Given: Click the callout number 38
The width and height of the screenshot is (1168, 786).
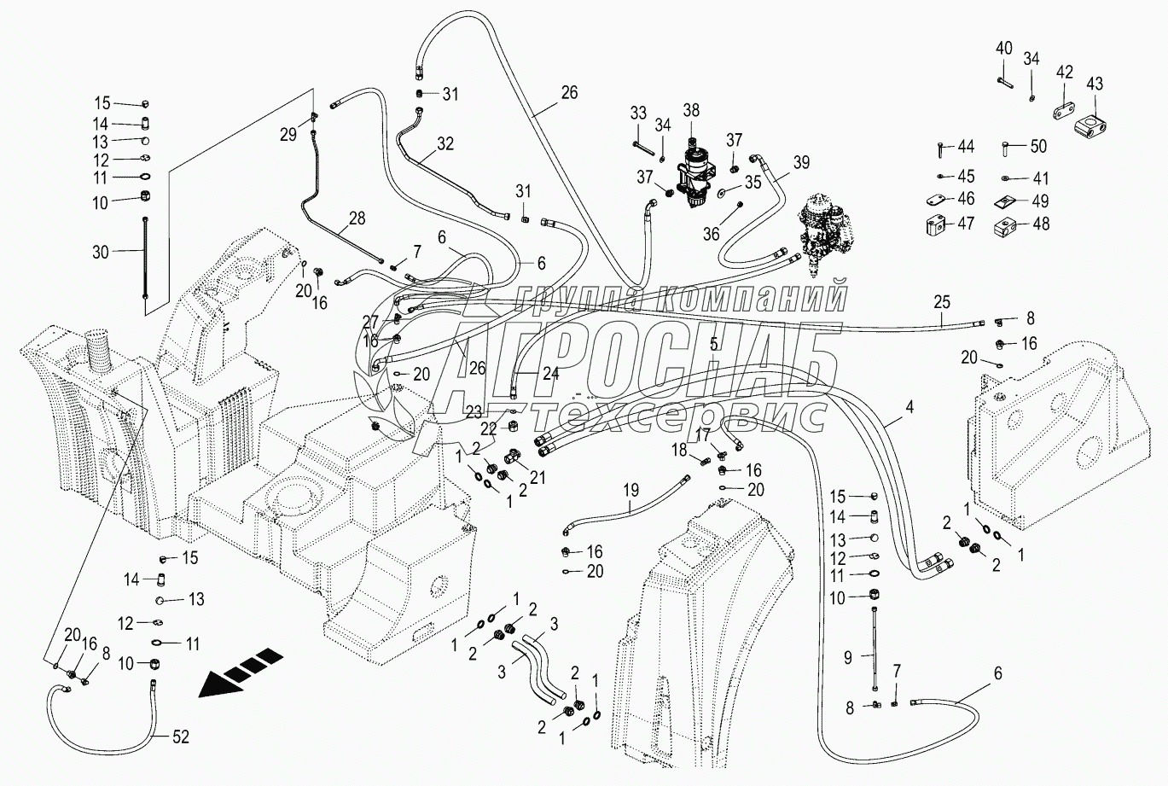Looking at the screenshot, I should [691, 109].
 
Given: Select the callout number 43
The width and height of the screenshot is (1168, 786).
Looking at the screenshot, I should [1094, 84].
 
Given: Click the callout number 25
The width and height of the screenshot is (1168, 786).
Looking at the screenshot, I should [941, 301].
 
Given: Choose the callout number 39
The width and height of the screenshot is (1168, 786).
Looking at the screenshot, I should [801, 162].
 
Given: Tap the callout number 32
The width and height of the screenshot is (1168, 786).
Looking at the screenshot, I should [445, 144].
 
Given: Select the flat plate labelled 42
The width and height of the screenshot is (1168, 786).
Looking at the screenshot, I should [1061, 112].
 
